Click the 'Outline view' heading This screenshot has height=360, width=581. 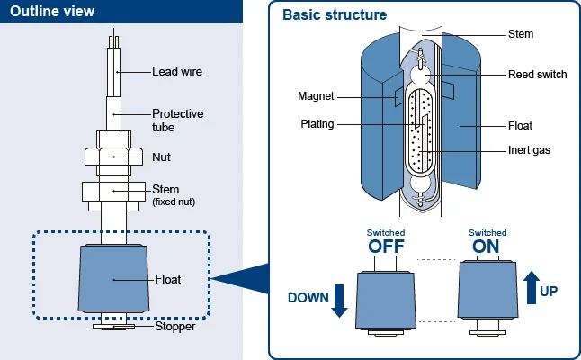[x=53, y=12]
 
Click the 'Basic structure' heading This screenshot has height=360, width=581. [x=335, y=15]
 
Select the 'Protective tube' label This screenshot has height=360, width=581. [x=177, y=121]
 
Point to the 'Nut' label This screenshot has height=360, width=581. [x=162, y=157]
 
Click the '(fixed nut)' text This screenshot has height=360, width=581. [x=174, y=202]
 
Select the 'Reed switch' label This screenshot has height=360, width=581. [x=538, y=75]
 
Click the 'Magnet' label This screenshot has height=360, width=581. [x=316, y=96]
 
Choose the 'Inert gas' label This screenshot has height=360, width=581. [x=531, y=149]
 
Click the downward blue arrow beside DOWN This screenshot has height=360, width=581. [x=339, y=300]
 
